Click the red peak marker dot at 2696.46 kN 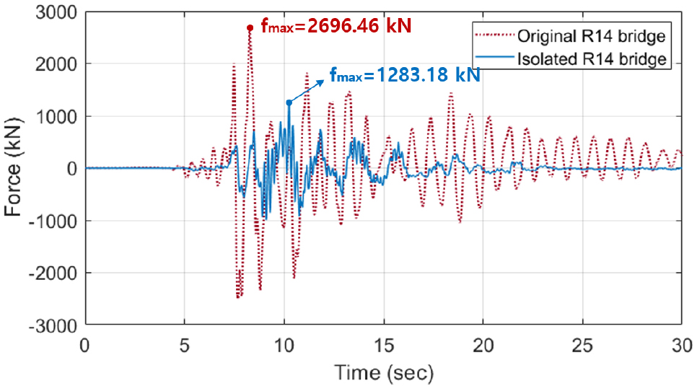click(x=250, y=28)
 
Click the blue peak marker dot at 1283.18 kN click(x=289, y=102)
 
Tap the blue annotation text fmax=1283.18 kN click(x=404, y=74)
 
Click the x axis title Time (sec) click(x=382, y=372)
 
